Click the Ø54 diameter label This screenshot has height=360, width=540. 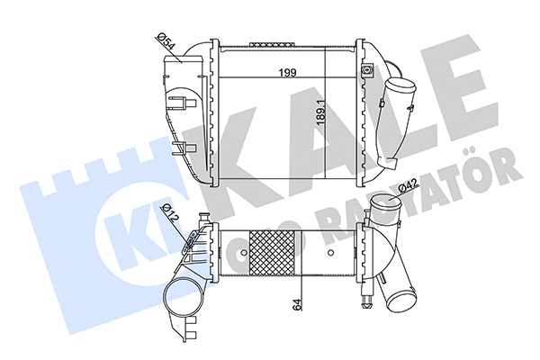[166, 40]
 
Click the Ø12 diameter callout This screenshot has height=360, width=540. [168, 214]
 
